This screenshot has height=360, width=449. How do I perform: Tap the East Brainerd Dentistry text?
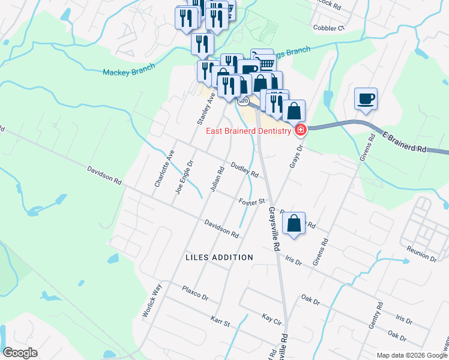point(249,131)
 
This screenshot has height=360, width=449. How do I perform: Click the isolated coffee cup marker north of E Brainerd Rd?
point(366,98)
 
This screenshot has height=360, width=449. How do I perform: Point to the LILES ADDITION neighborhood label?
point(220,257)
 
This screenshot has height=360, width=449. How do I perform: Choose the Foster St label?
point(252,202)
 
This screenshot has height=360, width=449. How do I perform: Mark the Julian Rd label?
point(217,179)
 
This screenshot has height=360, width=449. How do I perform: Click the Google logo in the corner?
point(20,353)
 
